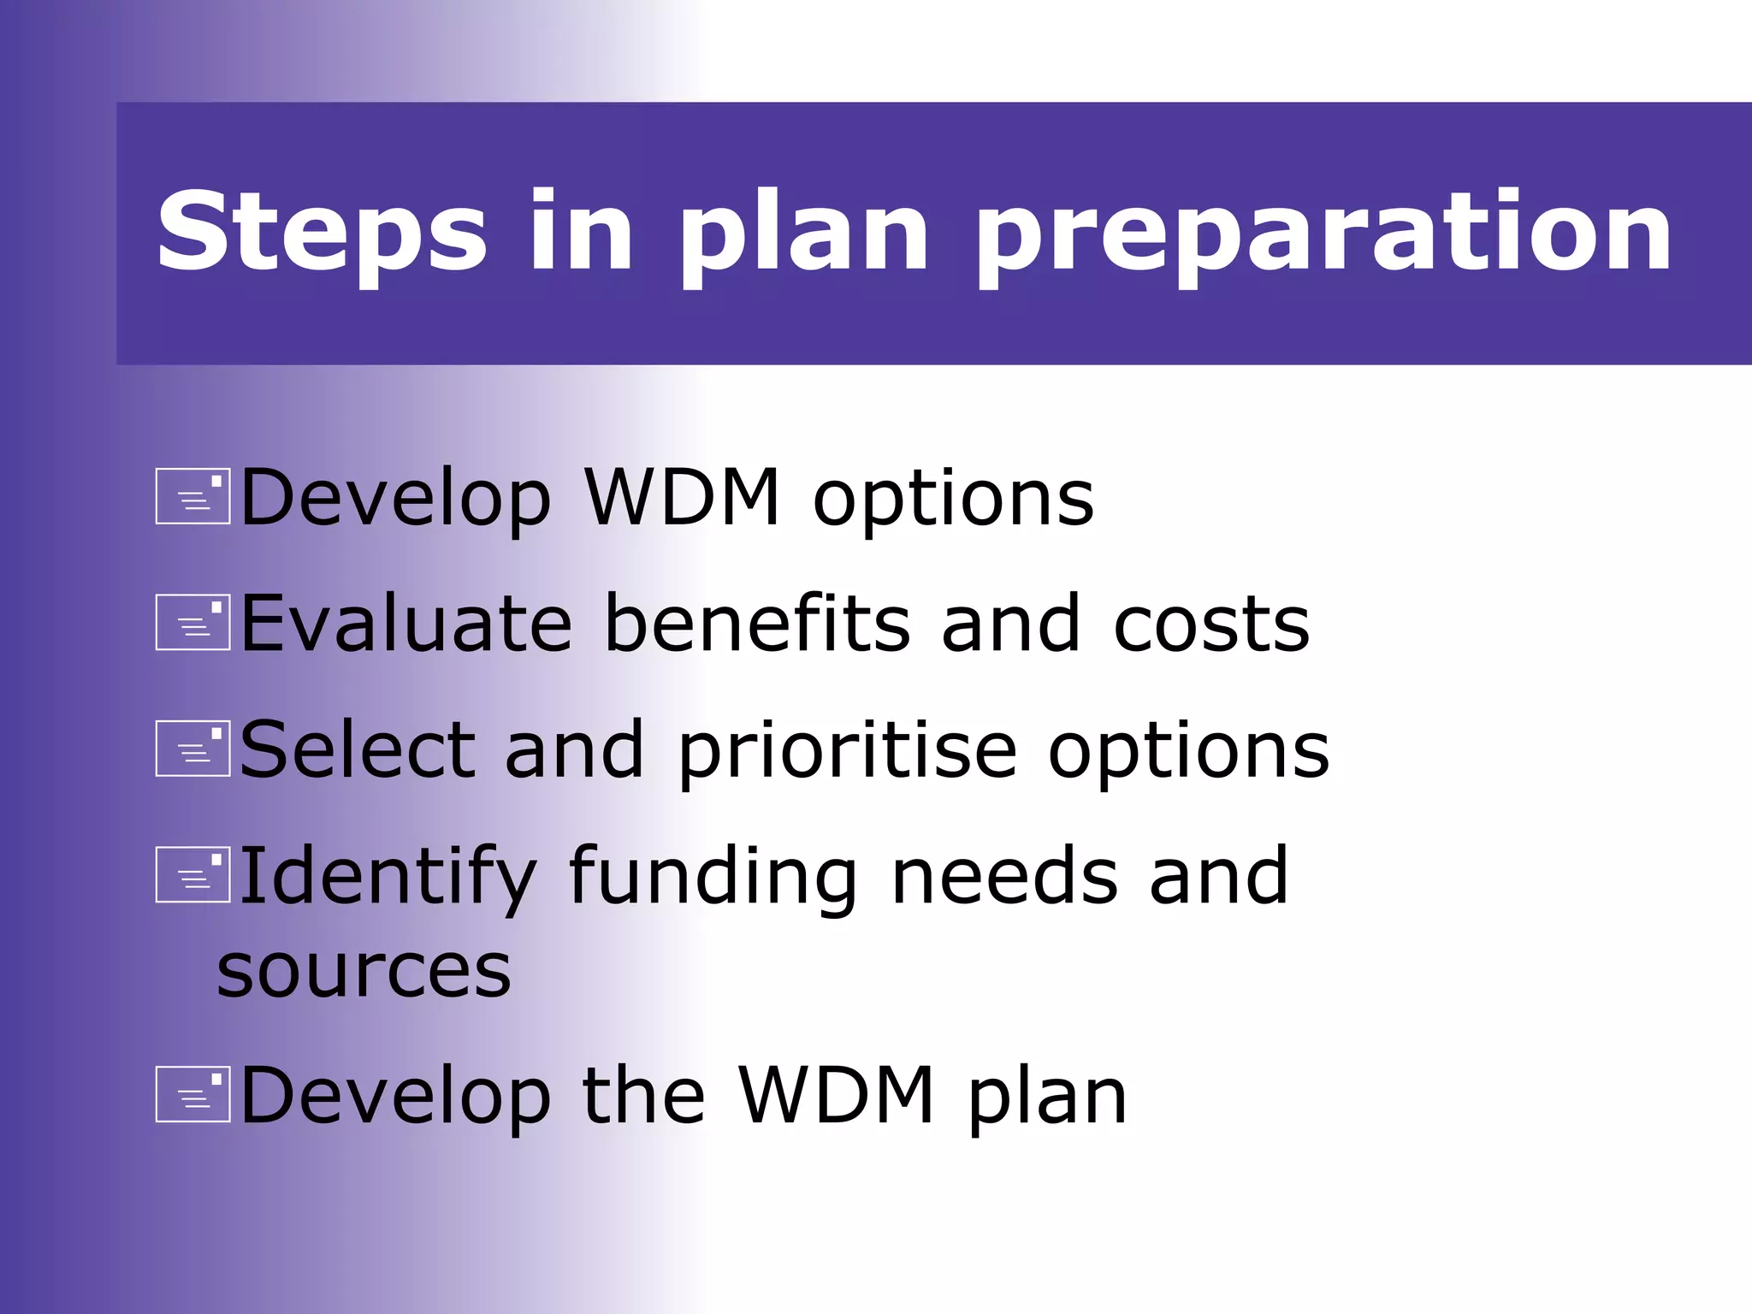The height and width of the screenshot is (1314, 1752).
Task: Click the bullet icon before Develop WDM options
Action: point(192,496)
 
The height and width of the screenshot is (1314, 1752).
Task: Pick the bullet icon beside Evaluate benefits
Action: point(192,622)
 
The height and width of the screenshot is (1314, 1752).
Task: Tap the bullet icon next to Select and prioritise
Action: point(192,748)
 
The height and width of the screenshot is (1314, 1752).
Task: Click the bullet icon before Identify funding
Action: point(192,874)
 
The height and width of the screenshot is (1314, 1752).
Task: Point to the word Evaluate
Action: point(405,624)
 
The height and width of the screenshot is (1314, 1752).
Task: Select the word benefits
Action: point(758,624)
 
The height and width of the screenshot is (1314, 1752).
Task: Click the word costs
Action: point(1211,624)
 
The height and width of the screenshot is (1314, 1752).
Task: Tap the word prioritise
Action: point(848,751)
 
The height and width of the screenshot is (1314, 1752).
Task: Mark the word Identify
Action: point(387,878)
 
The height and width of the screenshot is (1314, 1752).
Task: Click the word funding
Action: point(713,878)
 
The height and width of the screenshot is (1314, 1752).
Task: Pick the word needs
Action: point(1004,878)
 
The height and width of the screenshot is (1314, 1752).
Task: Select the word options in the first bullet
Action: point(953,500)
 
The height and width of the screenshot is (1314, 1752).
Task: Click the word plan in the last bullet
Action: point(1047,1098)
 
